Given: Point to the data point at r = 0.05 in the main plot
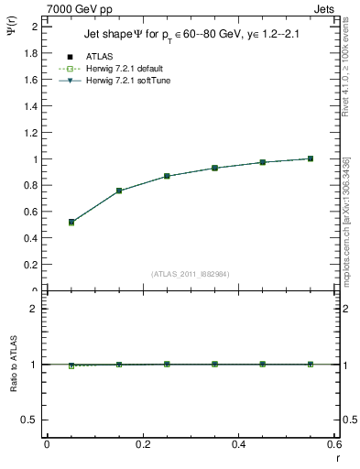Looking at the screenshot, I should pos(71,222).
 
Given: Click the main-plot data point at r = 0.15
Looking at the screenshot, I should pos(119,191).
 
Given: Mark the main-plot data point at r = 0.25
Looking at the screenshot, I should pos(167,176).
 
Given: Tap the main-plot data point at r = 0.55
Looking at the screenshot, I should pos(311,158).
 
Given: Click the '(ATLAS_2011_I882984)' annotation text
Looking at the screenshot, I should pos(190,273).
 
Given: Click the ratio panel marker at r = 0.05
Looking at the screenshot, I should pos(71,365).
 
